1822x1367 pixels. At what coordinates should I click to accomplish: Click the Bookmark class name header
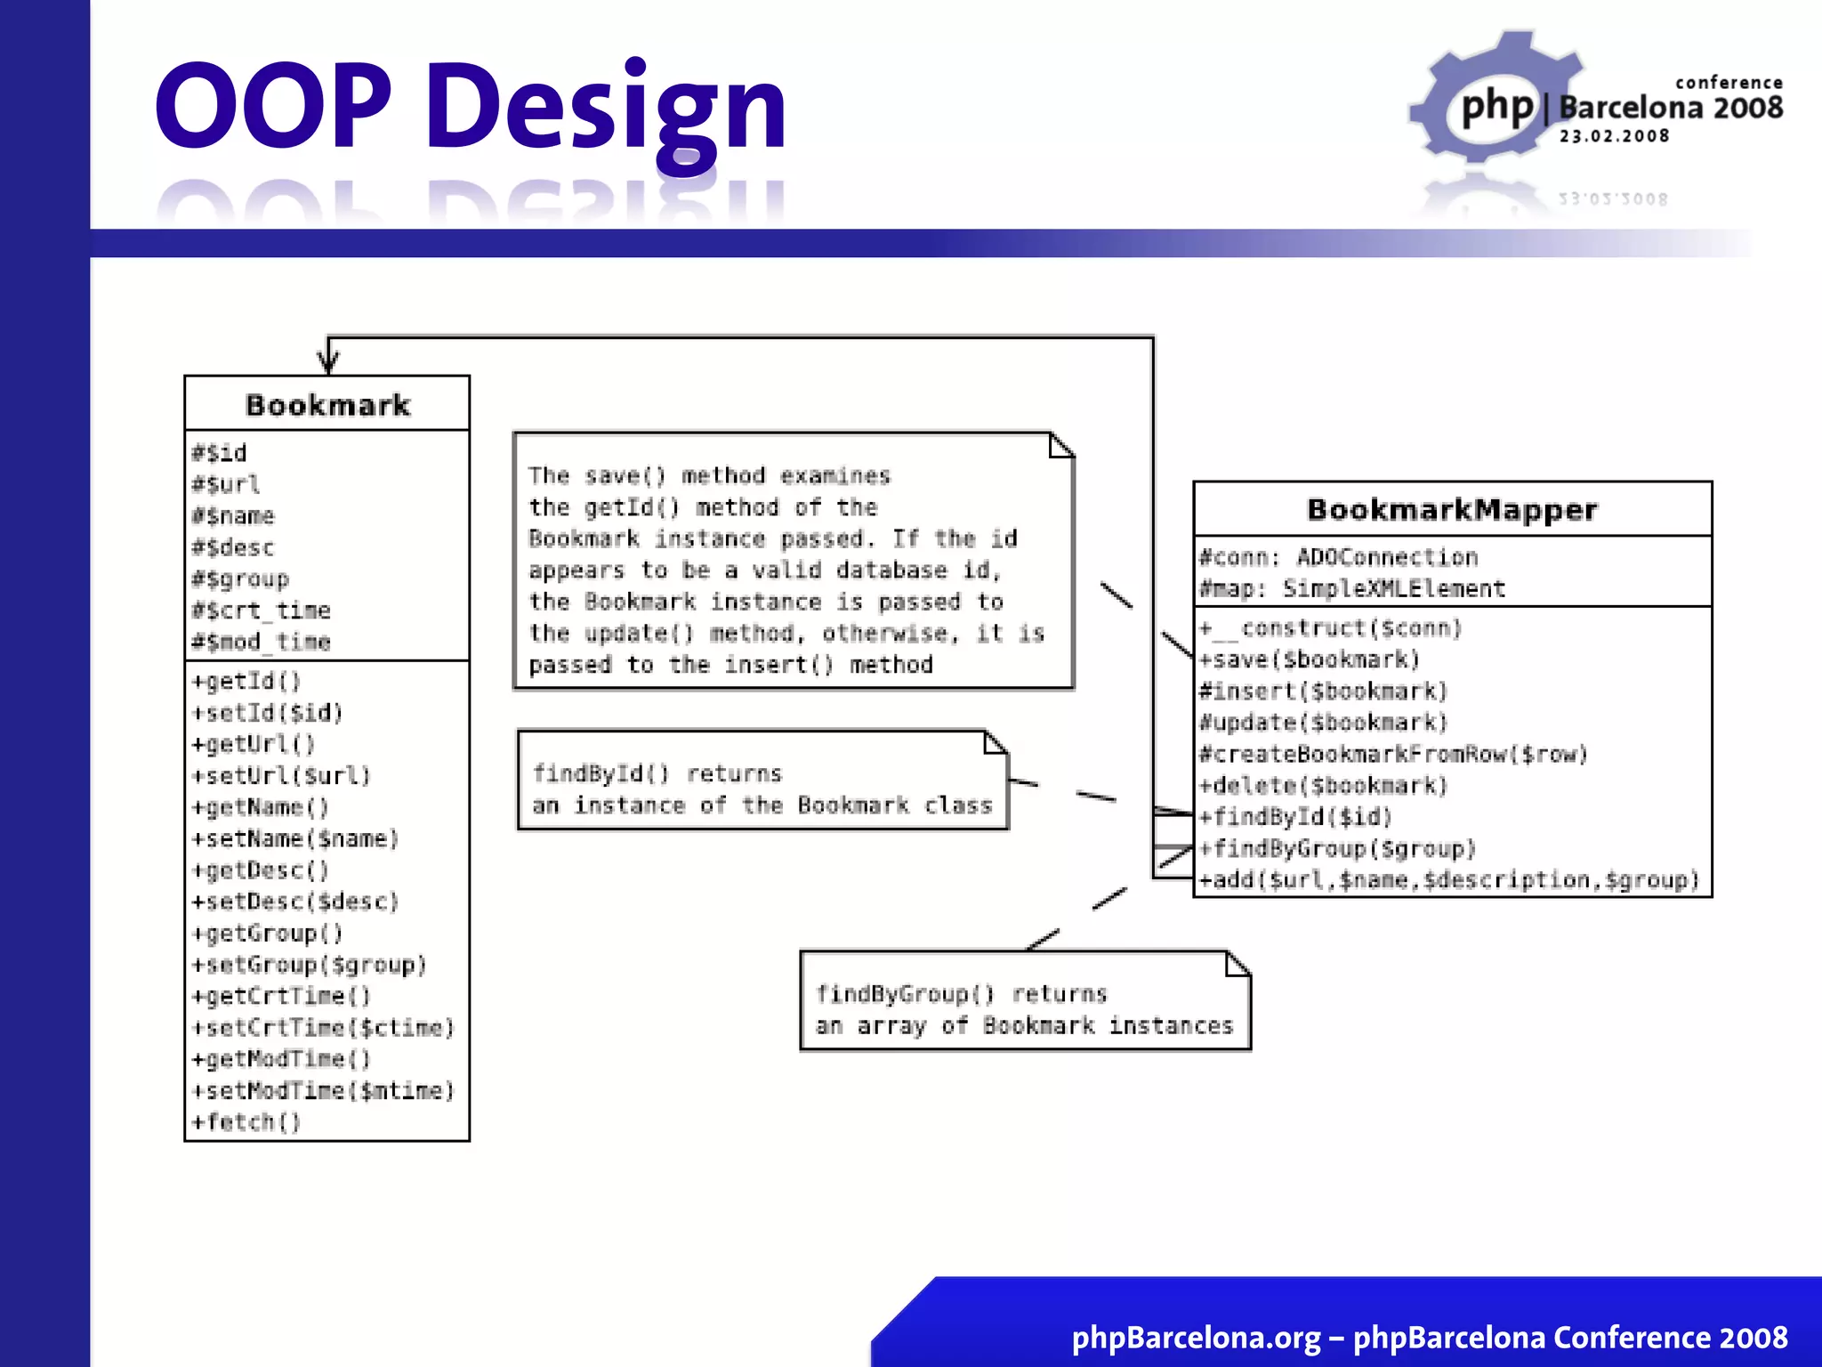327,405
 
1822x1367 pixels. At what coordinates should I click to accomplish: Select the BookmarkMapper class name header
1452,510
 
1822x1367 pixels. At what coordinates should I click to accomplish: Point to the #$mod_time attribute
261,642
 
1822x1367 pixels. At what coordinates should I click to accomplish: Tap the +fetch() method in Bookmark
246,1121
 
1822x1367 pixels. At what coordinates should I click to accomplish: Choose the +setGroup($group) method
309,965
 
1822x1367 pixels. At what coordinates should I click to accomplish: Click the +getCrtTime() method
281,996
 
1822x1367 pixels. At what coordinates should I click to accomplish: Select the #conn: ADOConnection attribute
1338,558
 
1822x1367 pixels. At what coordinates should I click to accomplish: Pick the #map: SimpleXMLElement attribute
1352,589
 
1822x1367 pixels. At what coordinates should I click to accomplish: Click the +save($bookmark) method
1309,659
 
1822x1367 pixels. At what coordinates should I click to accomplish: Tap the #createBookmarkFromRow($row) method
1393,755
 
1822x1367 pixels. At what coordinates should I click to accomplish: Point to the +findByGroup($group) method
1337,848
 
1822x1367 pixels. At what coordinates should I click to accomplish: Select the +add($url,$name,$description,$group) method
1449,880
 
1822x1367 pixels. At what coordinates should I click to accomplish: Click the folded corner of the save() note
1060,445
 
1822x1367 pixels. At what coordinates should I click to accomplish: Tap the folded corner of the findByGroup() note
1237,964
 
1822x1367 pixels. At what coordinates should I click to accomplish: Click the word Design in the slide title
606,109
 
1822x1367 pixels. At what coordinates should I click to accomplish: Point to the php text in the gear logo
1497,108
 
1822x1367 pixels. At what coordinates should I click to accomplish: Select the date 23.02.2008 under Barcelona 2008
1614,136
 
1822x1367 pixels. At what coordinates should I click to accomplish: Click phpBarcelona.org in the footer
1196,1337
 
